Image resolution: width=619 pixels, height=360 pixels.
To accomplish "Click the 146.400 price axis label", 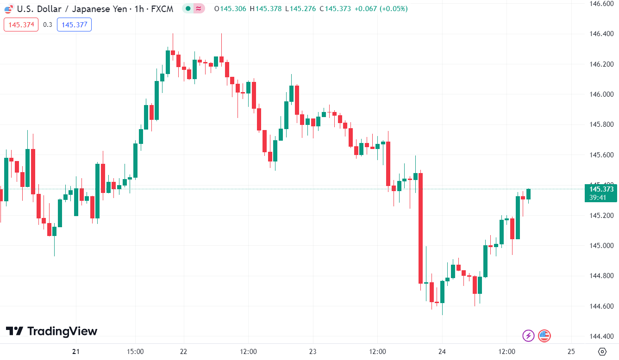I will point(601,34).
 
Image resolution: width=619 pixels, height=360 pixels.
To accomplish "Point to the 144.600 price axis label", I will point(601,306).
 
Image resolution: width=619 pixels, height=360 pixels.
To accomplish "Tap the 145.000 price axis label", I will point(601,245).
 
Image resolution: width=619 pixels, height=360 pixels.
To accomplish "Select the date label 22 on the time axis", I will point(184,352).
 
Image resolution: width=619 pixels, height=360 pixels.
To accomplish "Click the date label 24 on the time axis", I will point(442,352).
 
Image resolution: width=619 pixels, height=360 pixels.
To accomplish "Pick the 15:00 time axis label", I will point(135,352).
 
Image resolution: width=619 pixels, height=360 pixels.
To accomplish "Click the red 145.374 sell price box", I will point(22,25).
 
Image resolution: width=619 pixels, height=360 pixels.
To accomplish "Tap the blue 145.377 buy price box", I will point(74,25).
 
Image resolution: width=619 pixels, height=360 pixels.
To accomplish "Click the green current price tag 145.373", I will point(601,189).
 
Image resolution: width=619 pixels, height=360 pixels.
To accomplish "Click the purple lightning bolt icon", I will point(528,335).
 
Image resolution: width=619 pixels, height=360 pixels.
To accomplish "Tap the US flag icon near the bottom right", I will point(544,335).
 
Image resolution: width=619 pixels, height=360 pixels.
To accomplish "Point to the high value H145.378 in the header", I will point(265,9).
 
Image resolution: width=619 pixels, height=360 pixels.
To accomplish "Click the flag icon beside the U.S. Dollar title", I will point(8,9).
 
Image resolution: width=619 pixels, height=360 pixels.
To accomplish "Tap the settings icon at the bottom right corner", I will point(602,352).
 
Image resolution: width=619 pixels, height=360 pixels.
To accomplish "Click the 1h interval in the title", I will point(139,9).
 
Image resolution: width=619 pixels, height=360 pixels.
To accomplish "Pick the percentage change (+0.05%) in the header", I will point(394,9).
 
